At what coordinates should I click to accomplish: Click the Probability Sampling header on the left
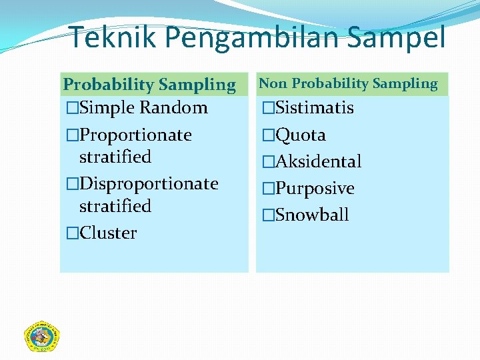point(149,85)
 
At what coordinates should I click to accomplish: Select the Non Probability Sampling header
point(348,83)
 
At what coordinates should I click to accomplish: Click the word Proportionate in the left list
point(135,135)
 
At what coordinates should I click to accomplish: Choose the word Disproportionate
point(149,183)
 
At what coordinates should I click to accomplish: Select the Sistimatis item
point(314,107)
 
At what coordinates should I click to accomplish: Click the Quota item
point(300,135)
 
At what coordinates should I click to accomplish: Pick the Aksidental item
point(318,161)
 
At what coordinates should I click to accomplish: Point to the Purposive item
point(315,188)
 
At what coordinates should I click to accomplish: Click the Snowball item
point(312,215)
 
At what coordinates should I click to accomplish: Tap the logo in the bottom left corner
point(42,336)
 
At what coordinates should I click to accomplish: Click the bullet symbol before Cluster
point(72,233)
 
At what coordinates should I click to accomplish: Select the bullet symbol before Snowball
point(268,215)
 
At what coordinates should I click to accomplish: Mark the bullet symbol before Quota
point(268,135)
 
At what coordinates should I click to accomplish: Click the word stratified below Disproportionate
point(115,206)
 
